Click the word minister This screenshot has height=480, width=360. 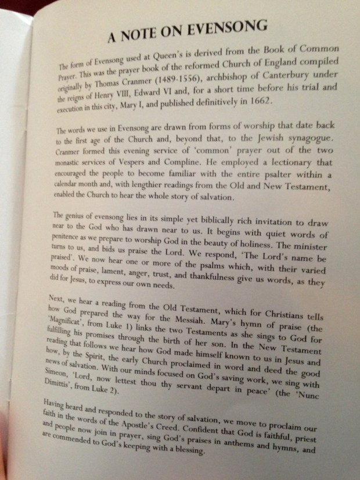click(319, 235)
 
